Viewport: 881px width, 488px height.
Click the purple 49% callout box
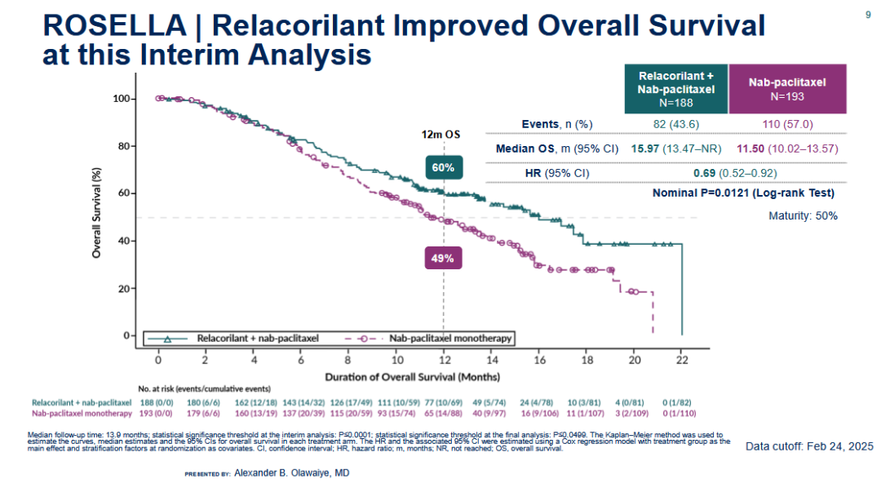[444, 259]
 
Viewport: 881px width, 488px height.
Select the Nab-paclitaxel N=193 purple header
[787, 89]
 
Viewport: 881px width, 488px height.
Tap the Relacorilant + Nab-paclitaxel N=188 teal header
[675, 89]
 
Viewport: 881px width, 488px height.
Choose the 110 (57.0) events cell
[787, 124]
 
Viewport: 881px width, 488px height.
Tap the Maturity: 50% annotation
[803, 216]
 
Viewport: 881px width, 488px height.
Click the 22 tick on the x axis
[682, 359]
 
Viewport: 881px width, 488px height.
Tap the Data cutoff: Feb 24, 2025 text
[808, 446]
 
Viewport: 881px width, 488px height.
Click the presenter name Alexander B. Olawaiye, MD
[291, 472]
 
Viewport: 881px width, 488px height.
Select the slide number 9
[867, 14]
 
